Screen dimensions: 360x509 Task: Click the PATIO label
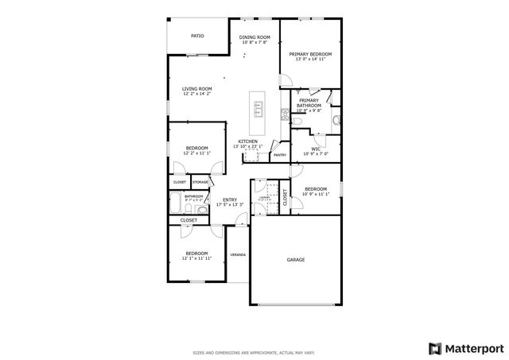pyautogui.click(x=197, y=36)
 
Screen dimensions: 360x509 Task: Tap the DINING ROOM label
pyautogui.click(x=254, y=37)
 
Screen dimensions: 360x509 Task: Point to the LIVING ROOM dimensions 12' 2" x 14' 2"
pyautogui.click(x=196, y=94)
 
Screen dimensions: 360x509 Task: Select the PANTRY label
pyautogui.click(x=279, y=155)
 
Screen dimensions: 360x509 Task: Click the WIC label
pyautogui.click(x=316, y=148)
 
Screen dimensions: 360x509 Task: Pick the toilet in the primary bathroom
pyautogui.click(x=336, y=120)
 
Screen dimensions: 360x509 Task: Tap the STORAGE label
pyautogui.click(x=200, y=182)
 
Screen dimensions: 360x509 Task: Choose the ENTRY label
pyautogui.click(x=229, y=199)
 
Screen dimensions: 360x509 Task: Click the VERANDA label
pyautogui.click(x=237, y=255)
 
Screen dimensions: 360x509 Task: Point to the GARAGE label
pyautogui.click(x=296, y=260)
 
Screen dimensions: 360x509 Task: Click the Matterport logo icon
pyautogui.click(x=433, y=347)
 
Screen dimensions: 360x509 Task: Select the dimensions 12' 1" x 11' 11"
pyautogui.click(x=196, y=258)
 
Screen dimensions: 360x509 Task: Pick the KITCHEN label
pyautogui.click(x=247, y=141)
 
